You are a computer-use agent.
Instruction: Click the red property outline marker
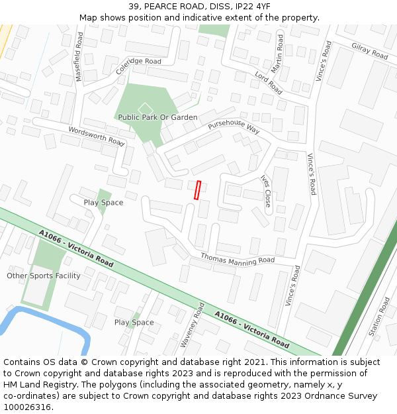tap(197, 190)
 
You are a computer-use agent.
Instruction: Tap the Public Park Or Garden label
tap(157, 117)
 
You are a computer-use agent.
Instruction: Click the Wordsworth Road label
tap(97, 136)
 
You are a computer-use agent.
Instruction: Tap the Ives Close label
tap(266, 191)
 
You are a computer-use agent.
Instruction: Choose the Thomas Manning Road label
tap(238, 258)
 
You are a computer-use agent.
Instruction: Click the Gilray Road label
tap(370, 51)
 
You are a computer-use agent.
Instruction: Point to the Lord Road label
tap(269, 83)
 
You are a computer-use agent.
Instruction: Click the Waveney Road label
tap(193, 325)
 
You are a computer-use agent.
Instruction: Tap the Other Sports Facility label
tap(44, 276)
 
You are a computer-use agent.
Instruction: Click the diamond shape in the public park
tap(145, 108)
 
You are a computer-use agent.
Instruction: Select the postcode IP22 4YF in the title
tap(252, 7)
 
